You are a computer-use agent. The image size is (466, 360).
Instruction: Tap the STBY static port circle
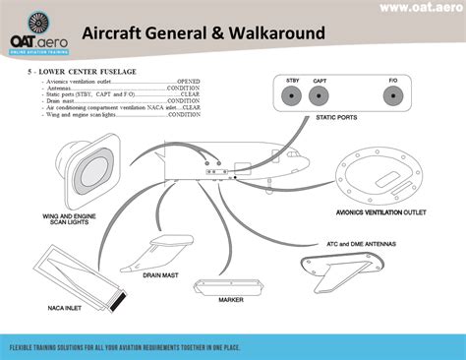point(292,96)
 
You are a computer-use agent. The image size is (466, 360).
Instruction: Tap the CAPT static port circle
point(319,96)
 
